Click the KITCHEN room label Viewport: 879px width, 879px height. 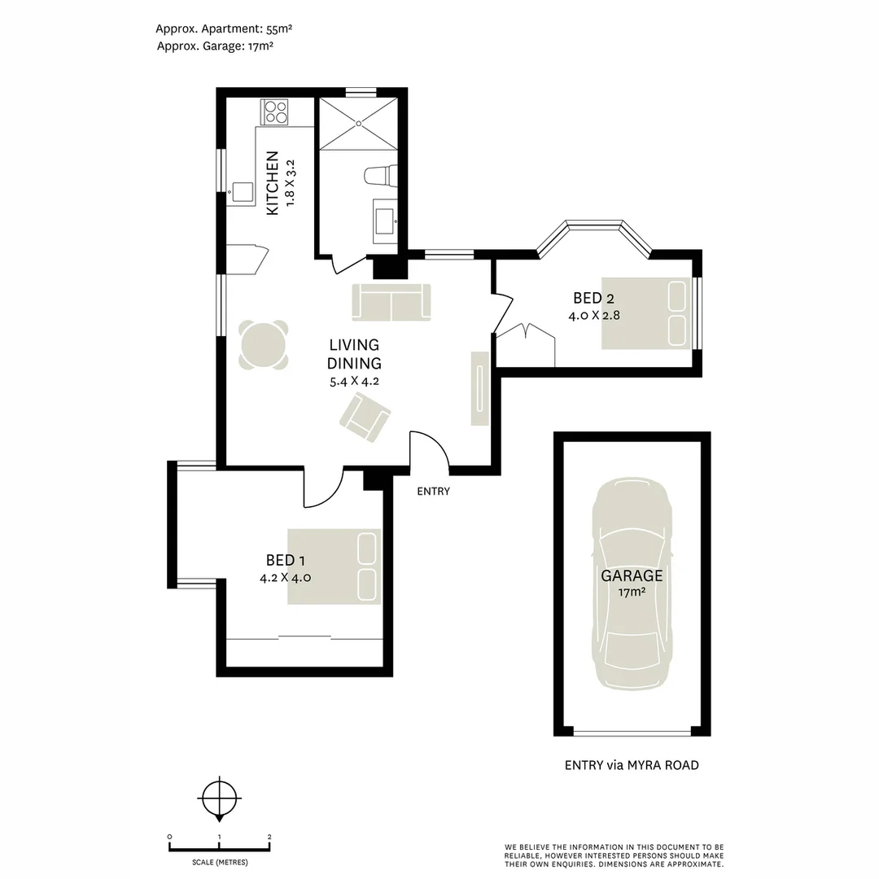coord(273,183)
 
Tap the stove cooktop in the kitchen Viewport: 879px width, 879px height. coord(274,112)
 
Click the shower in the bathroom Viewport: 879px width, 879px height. coord(358,123)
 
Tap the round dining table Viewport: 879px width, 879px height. coord(263,345)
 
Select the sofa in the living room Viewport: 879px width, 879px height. coord(391,302)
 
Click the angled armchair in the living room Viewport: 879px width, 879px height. coord(365,417)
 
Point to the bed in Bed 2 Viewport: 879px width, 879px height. coord(646,313)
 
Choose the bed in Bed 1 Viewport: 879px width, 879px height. coord(334,566)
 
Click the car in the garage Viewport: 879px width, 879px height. coord(632,583)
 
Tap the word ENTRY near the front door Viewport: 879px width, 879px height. coord(433,491)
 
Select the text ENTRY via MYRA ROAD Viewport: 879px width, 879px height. coord(632,765)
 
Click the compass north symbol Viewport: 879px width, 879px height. coord(219,797)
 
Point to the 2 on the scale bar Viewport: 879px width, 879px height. coord(269,837)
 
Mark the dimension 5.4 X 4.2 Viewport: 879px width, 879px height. coord(354,381)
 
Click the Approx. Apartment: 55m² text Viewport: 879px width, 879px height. coord(224,28)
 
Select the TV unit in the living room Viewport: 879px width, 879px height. coord(480,388)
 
